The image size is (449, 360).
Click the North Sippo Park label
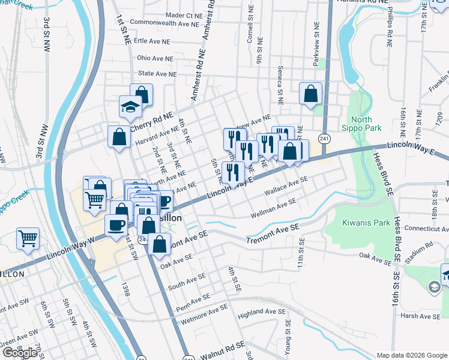click(366, 124)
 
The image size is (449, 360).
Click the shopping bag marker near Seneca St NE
click(310, 94)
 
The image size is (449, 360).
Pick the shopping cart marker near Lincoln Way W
click(28, 239)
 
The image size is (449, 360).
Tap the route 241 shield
click(324, 138)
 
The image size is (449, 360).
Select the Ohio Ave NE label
click(155, 58)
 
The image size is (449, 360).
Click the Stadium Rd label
click(421, 245)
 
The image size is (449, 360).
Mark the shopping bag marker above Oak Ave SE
click(160, 244)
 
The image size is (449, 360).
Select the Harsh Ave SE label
click(420, 316)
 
